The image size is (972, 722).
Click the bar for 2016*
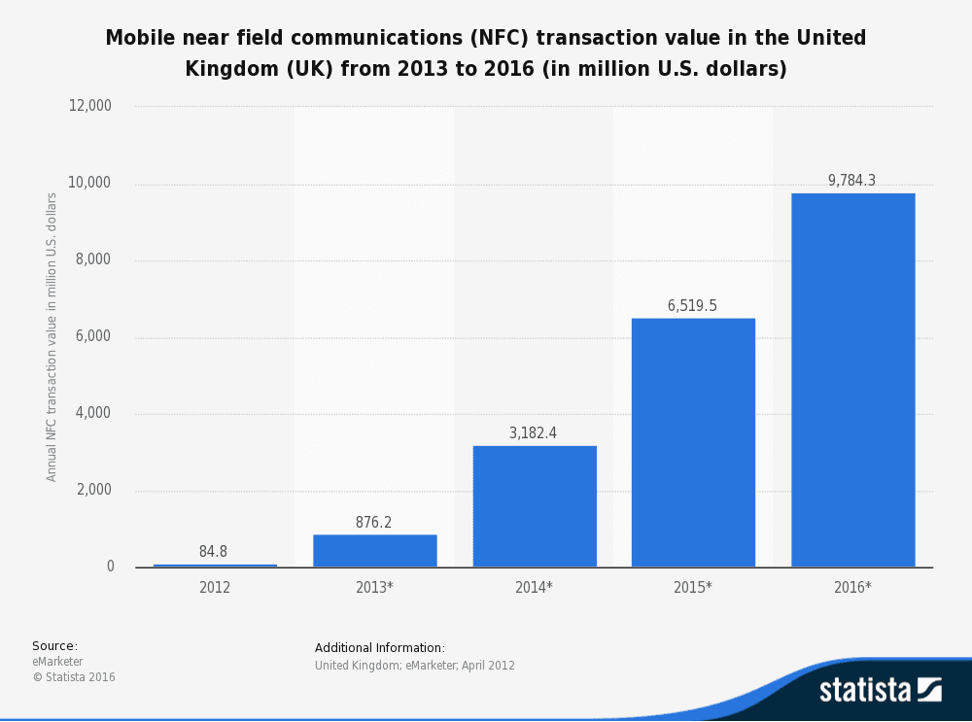(x=852, y=380)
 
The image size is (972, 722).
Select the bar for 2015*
(x=693, y=442)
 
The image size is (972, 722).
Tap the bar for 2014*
(x=535, y=506)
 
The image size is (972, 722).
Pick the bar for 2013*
(x=375, y=551)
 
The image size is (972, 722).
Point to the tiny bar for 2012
(x=215, y=566)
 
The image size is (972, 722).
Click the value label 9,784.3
(x=851, y=181)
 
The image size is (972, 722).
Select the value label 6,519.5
(x=692, y=306)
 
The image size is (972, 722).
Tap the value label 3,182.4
(x=533, y=433)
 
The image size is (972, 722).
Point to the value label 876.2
(x=373, y=523)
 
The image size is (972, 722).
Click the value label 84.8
(x=213, y=552)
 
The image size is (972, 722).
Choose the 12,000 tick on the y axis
(x=90, y=106)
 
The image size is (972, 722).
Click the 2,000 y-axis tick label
(x=94, y=490)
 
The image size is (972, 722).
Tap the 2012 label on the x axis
(x=215, y=588)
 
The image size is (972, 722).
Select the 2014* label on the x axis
(x=534, y=588)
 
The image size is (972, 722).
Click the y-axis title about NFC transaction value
(x=52, y=336)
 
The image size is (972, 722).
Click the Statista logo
(x=880, y=689)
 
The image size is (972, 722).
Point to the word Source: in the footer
(x=54, y=646)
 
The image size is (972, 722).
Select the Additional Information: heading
(x=380, y=648)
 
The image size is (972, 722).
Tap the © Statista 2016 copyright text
(x=74, y=677)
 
